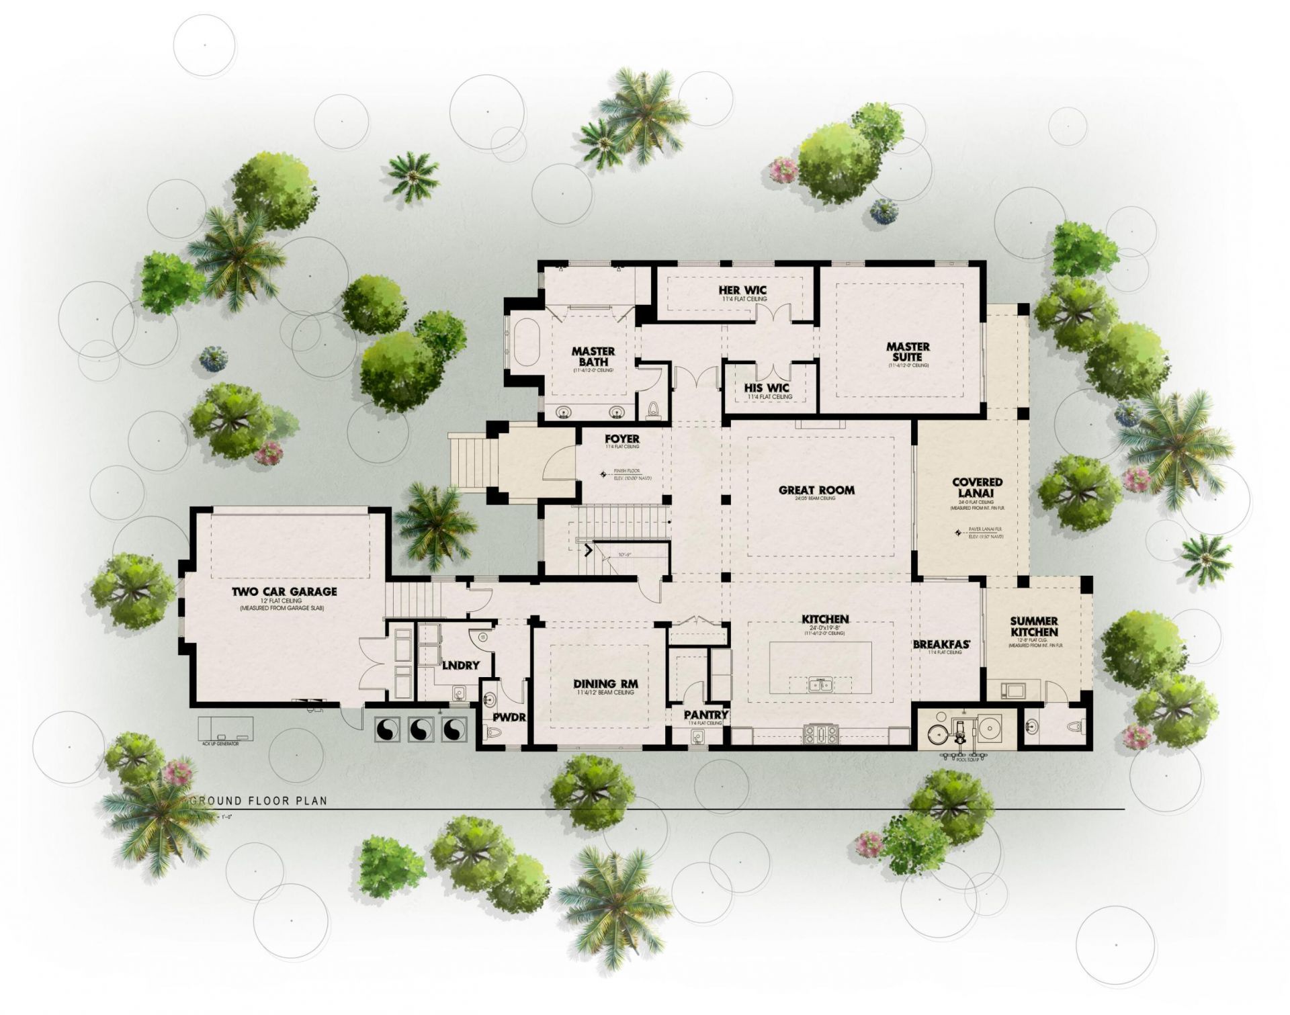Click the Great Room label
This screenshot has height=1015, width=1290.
[x=816, y=490]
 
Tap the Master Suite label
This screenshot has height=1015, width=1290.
[x=908, y=351]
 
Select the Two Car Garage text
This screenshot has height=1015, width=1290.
[x=284, y=592]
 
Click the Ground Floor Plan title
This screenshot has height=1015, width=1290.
[x=260, y=801]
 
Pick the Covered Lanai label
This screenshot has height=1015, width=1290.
[x=977, y=488]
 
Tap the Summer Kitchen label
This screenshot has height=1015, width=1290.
[x=1033, y=627]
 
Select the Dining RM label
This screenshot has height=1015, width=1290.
[x=605, y=685]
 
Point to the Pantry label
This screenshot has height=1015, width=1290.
[x=706, y=714]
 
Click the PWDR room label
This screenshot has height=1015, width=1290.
[x=509, y=717]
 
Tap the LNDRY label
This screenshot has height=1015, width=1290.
[x=461, y=665]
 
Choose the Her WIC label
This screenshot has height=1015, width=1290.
[x=742, y=290]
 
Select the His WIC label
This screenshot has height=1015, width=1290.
[x=767, y=388]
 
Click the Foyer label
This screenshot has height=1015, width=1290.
[x=621, y=439]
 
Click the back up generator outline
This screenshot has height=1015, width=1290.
[x=226, y=727]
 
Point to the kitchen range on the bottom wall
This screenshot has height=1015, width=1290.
[x=820, y=735]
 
